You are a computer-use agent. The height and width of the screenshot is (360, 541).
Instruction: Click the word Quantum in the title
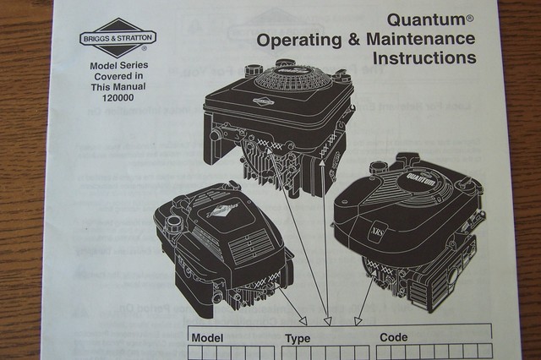tap(425, 19)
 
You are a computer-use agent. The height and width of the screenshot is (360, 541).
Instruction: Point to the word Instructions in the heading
tap(424, 59)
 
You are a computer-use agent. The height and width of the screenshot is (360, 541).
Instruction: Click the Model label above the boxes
tap(207, 337)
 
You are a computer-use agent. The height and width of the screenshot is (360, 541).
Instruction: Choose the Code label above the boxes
tap(393, 337)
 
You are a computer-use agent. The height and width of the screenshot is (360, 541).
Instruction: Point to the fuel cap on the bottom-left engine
tap(175, 222)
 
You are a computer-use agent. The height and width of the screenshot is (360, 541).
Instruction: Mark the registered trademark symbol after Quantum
tap(470, 15)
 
